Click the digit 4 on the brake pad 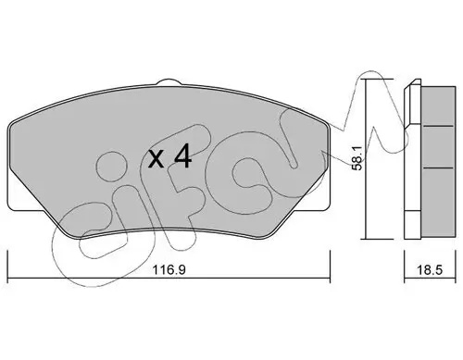pyautogui.click(x=181, y=158)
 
